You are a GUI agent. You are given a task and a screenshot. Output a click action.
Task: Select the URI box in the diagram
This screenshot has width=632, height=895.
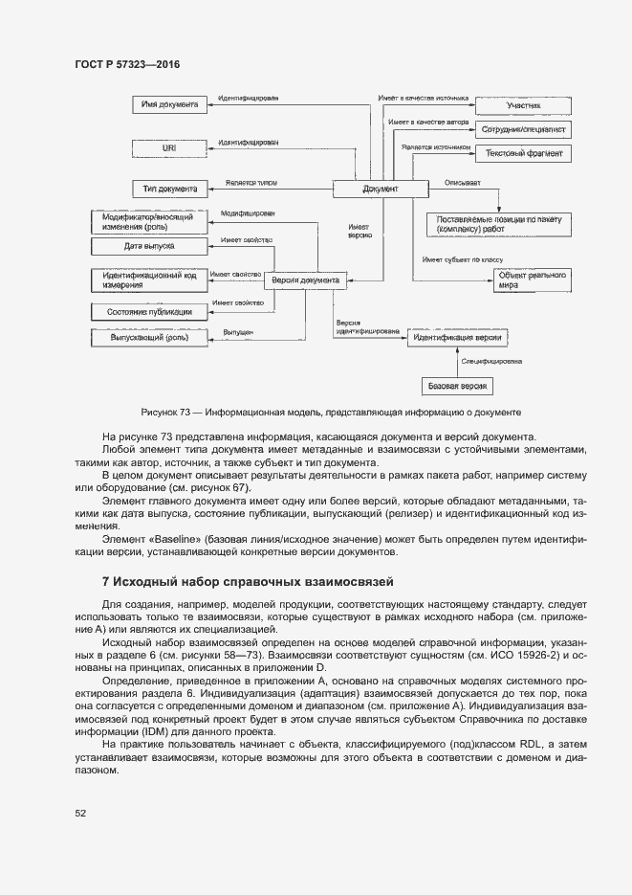(x=169, y=148)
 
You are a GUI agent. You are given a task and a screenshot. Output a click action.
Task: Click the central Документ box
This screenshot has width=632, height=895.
(x=380, y=190)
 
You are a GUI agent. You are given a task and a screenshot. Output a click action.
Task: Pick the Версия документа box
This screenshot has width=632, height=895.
(x=304, y=280)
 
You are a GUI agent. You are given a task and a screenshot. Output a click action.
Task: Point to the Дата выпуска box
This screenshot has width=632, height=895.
(x=147, y=246)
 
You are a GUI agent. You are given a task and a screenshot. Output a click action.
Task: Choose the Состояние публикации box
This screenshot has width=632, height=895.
(x=147, y=311)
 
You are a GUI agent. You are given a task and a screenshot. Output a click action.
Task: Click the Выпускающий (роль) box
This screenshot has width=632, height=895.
(x=147, y=337)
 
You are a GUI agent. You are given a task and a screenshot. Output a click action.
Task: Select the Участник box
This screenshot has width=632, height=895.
(x=523, y=105)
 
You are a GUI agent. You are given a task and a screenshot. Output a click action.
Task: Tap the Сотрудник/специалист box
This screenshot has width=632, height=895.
(x=523, y=128)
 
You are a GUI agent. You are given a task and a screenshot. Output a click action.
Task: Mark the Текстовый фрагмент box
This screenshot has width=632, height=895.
(x=523, y=153)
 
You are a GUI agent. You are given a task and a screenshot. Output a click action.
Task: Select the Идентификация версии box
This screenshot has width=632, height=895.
(x=457, y=338)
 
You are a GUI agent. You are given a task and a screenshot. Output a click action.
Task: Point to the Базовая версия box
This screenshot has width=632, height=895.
(x=458, y=386)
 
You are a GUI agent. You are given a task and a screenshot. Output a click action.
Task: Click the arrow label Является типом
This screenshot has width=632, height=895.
(x=251, y=180)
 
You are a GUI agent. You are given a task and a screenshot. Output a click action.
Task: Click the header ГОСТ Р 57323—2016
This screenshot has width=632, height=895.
(x=127, y=64)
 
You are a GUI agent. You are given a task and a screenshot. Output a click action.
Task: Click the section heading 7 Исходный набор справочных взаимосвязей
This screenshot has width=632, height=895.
(x=248, y=582)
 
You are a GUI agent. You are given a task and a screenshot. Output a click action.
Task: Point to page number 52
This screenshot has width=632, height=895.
(x=80, y=814)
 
